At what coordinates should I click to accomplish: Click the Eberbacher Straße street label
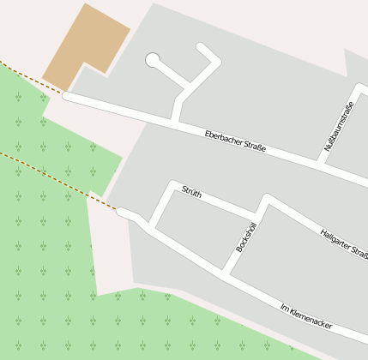[235, 142]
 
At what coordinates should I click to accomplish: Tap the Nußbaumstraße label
[339, 127]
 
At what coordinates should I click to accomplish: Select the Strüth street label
[192, 193]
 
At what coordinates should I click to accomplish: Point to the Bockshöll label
[246, 237]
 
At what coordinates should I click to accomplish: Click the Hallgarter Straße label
[342, 243]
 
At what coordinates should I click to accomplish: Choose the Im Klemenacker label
[306, 316]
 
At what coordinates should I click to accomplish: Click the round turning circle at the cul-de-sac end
[153, 60]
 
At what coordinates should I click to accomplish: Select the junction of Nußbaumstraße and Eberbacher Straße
[320, 161]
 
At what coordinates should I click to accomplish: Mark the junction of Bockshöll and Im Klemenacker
[225, 275]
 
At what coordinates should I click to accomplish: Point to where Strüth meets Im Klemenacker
[152, 228]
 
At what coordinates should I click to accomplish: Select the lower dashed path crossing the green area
[51, 177]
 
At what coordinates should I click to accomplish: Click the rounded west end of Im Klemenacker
[122, 211]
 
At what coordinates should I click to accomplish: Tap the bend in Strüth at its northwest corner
[174, 186]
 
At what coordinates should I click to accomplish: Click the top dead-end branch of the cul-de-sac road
[206, 51]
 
